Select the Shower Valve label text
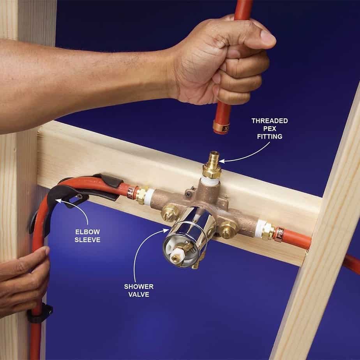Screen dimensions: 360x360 139,291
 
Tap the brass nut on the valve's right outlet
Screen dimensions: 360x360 267,231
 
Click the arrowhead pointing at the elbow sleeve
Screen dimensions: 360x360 58,201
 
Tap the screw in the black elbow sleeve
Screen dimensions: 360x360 79,196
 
